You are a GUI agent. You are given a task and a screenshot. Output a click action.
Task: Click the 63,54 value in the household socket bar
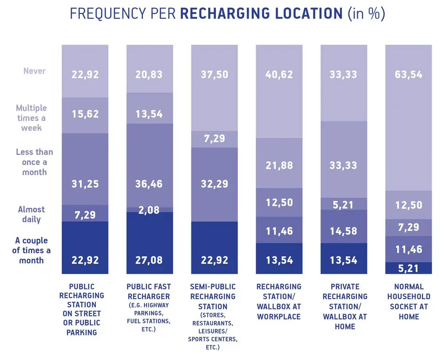pyautogui.click(x=408, y=75)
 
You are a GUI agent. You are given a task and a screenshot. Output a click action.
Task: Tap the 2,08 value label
pyautogui.click(x=149, y=210)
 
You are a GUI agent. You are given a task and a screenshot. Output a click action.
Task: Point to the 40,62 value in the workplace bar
pyautogui.click(x=279, y=75)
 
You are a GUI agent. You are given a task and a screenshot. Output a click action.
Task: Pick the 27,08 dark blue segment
pyautogui.click(x=149, y=260)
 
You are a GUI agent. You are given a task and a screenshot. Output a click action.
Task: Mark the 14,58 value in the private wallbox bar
pyautogui.click(x=344, y=231)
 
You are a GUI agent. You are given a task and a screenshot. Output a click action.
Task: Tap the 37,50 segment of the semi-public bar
pyautogui.click(x=214, y=75)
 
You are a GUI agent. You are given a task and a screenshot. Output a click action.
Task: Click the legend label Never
pyautogui.click(x=35, y=71)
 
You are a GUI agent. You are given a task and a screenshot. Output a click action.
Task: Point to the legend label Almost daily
pyautogui.click(x=31, y=214)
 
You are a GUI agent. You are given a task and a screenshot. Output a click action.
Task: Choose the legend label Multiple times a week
pyautogui.click(x=31, y=118)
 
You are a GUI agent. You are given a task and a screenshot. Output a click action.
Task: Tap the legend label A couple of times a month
pyautogui.click(x=31, y=250)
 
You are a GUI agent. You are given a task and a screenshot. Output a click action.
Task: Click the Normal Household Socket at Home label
pyautogui.click(x=408, y=301)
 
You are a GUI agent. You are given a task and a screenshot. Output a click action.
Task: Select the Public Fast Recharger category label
pyautogui.click(x=149, y=287)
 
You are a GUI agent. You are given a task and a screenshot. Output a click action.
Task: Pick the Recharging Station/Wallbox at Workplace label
pyautogui.click(x=279, y=301)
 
